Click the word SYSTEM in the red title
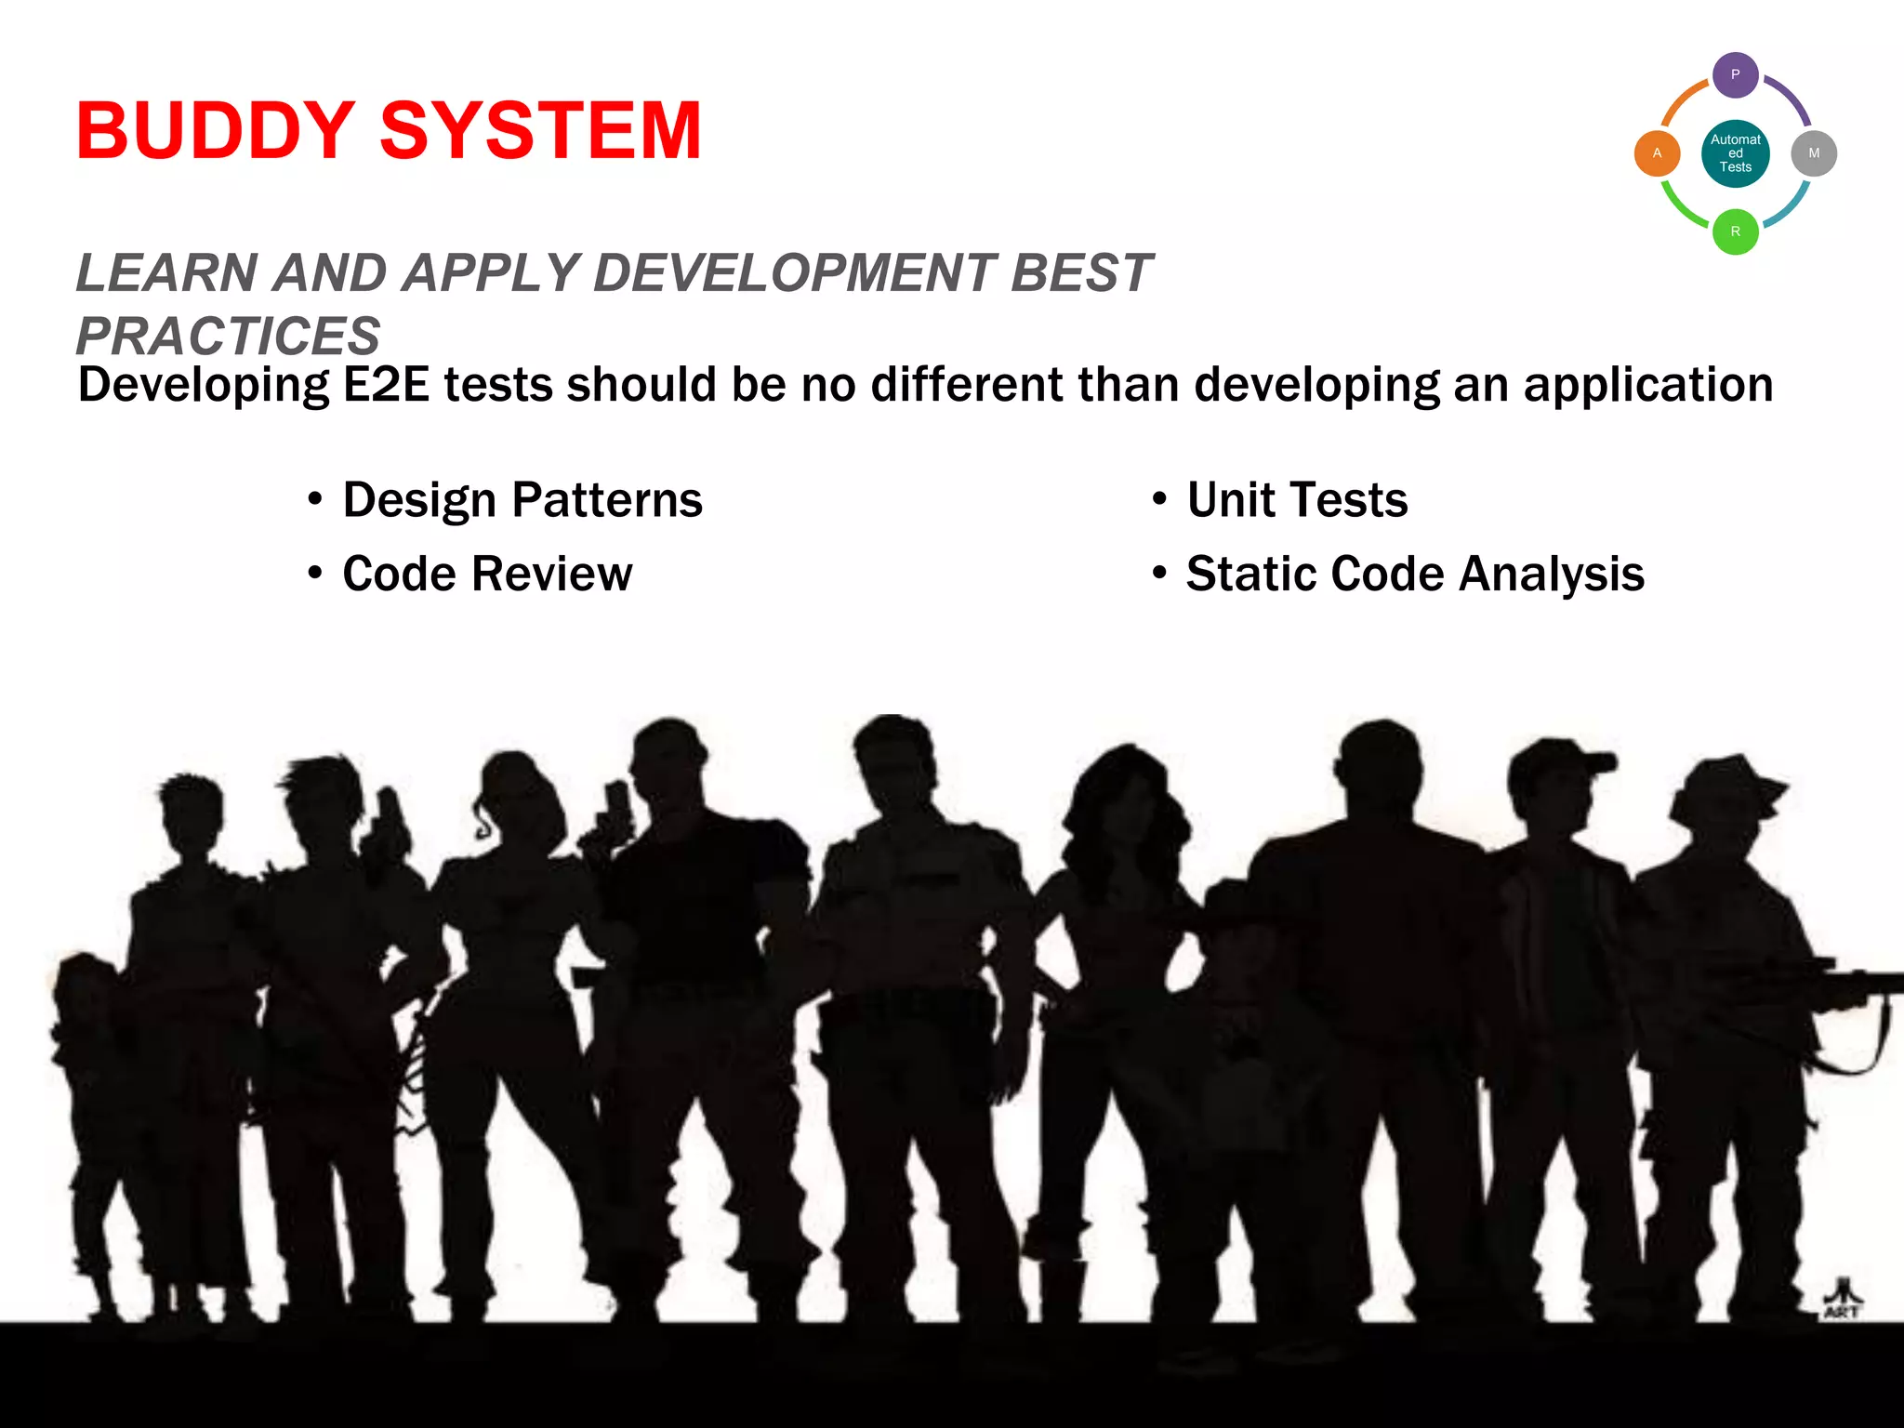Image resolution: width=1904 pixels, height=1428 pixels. (540, 131)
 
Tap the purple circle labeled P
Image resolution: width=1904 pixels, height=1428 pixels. (1735, 75)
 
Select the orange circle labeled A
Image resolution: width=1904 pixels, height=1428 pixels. (1657, 153)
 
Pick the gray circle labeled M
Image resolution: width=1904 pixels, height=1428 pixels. (1814, 153)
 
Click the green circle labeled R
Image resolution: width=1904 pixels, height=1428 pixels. (1735, 231)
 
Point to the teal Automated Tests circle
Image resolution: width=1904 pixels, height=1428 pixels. (1735, 153)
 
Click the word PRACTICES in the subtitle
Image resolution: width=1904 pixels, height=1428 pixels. (229, 336)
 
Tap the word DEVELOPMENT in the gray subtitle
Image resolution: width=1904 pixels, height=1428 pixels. (795, 273)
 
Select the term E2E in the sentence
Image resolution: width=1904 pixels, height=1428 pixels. (387, 385)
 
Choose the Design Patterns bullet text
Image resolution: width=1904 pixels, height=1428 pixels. (522, 500)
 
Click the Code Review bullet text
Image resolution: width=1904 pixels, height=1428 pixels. (487, 574)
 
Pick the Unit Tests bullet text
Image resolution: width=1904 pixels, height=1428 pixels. (1297, 500)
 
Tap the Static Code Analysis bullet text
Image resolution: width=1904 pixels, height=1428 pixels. (1415, 574)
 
